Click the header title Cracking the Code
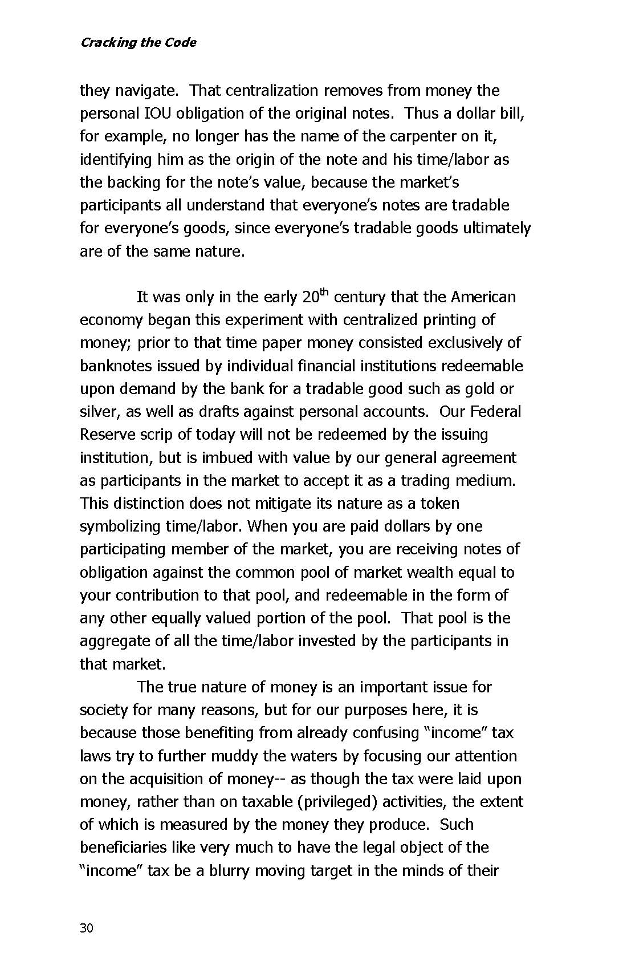[x=138, y=43]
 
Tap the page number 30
[x=86, y=928]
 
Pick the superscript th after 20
[x=324, y=293]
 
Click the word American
[x=483, y=297]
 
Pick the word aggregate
[x=115, y=641]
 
